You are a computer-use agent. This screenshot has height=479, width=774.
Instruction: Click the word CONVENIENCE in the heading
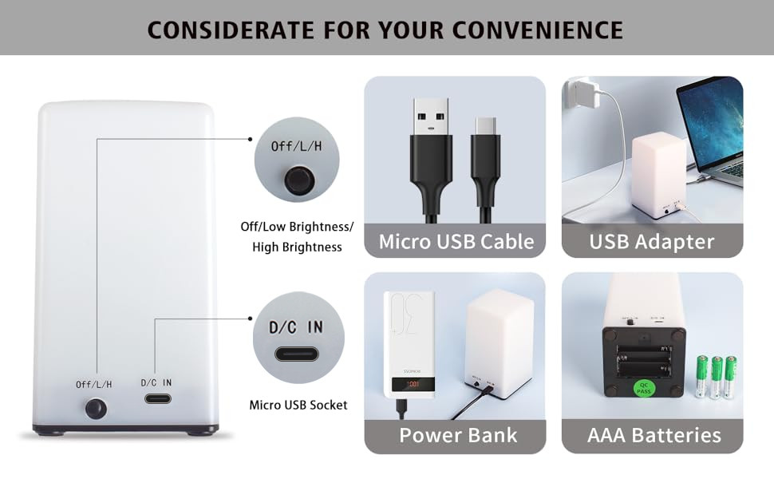[x=538, y=30]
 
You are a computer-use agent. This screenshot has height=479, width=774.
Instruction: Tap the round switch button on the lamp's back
[x=96, y=409]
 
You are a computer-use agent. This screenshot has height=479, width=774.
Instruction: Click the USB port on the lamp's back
[x=156, y=398]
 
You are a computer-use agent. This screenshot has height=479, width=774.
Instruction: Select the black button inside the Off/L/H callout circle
[x=298, y=180]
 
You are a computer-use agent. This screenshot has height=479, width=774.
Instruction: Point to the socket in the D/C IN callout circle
[x=296, y=354]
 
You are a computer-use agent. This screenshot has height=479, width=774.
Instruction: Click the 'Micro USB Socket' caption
[x=298, y=405]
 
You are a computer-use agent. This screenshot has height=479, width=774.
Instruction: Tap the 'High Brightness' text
[x=297, y=247]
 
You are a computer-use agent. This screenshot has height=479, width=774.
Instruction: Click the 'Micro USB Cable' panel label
[x=456, y=241]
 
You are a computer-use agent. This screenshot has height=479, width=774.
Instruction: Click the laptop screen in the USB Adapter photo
[x=712, y=120]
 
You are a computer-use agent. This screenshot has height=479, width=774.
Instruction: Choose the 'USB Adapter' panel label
[x=652, y=241]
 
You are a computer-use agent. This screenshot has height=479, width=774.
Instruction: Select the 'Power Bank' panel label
[x=458, y=436]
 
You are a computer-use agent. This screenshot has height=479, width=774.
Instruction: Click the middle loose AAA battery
[x=717, y=376]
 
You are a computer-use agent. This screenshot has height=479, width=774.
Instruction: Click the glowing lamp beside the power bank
[x=499, y=339]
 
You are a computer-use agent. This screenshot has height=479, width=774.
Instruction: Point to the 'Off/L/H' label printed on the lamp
[x=94, y=384]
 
